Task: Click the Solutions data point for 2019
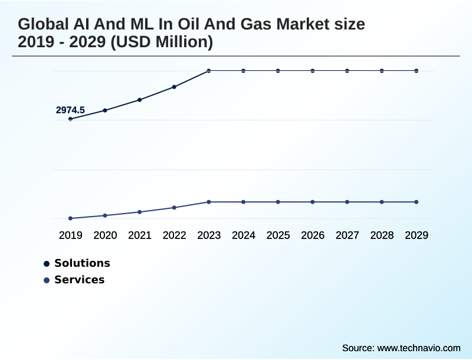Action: click(71, 119)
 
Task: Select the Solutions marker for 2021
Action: click(140, 100)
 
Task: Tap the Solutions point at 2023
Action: click(209, 71)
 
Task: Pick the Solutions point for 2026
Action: click(313, 71)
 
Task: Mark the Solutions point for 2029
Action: click(417, 71)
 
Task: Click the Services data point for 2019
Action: click(71, 218)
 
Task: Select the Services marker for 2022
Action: click(174, 207)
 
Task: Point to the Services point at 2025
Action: click(278, 202)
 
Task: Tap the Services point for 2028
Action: click(382, 202)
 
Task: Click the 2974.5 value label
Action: click(70, 110)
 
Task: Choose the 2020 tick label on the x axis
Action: click(105, 235)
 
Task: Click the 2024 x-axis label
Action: click(244, 235)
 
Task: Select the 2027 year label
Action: click(348, 235)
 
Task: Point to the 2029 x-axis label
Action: click(417, 235)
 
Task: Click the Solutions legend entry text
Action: click(82, 263)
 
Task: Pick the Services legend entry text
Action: click(79, 280)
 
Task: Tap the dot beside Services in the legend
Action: click(47, 280)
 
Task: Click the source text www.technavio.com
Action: click(418, 348)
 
